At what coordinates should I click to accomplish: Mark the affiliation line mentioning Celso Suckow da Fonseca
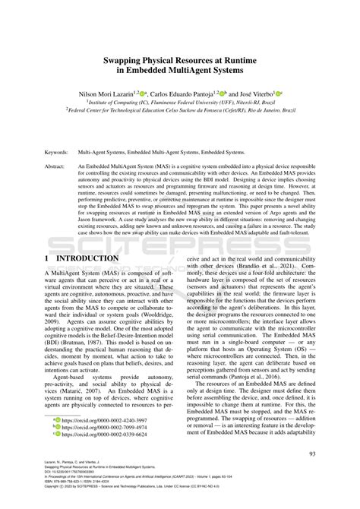pyautogui.click(x=179, y=109)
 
